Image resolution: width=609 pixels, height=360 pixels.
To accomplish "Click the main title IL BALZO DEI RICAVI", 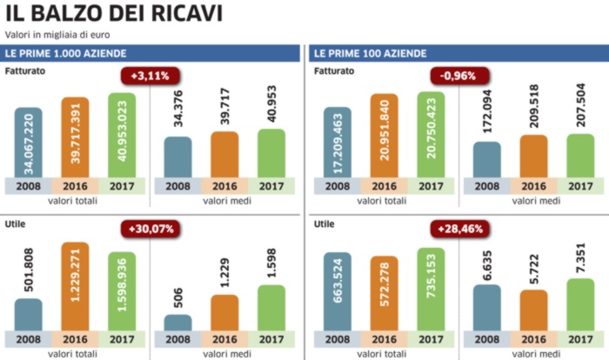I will [x=114, y=14].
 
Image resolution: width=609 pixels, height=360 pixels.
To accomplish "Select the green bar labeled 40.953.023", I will [x=122, y=135].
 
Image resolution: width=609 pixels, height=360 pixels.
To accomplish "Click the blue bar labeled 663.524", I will [x=337, y=291].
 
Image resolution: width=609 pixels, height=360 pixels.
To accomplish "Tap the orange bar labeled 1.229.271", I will [x=75, y=286].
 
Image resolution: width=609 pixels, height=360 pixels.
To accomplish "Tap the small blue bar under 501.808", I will [x=28, y=315].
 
